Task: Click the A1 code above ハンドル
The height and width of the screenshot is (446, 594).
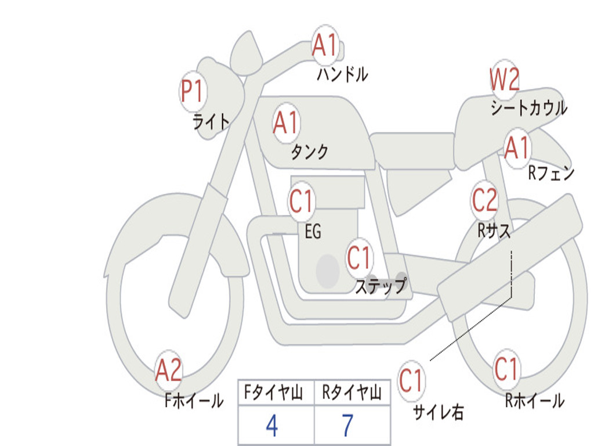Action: pyautogui.click(x=325, y=45)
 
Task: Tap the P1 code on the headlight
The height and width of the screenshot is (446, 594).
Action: pyautogui.click(x=193, y=91)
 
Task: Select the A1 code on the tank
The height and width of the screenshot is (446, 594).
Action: pyautogui.click(x=285, y=123)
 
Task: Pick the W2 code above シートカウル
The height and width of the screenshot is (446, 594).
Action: pyautogui.click(x=505, y=79)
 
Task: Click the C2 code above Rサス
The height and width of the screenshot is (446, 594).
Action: pyautogui.click(x=484, y=200)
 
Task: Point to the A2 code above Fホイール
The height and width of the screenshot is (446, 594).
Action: pyautogui.click(x=169, y=370)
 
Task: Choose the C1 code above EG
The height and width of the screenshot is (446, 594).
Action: pyautogui.click(x=301, y=200)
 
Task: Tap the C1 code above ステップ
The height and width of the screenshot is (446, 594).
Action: pyautogui.click(x=358, y=257)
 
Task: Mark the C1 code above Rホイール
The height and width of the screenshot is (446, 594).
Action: pyautogui.click(x=506, y=369)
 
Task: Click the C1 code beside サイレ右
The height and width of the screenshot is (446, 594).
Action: pyautogui.click(x=410, y=380)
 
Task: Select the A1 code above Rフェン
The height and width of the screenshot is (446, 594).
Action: pyautogui.click(x=517, y=148)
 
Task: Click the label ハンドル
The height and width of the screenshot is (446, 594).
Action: pyautogui.click(x=342, y=74)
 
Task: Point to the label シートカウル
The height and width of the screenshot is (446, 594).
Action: pyautogui.click(x=529, y=107)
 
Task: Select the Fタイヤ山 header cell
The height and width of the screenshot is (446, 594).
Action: pyautogui.click(x=276, y=392)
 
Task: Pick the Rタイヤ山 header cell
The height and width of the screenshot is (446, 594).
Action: pyautogui.click(x=352, y=392)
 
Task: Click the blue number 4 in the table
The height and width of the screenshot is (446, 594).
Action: pyautogui.click(x=272, y=425)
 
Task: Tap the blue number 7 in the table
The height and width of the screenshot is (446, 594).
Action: pyautogui.click(x=348, y=425)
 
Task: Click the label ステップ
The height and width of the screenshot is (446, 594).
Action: pyautogui.click(x=381, y=286)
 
